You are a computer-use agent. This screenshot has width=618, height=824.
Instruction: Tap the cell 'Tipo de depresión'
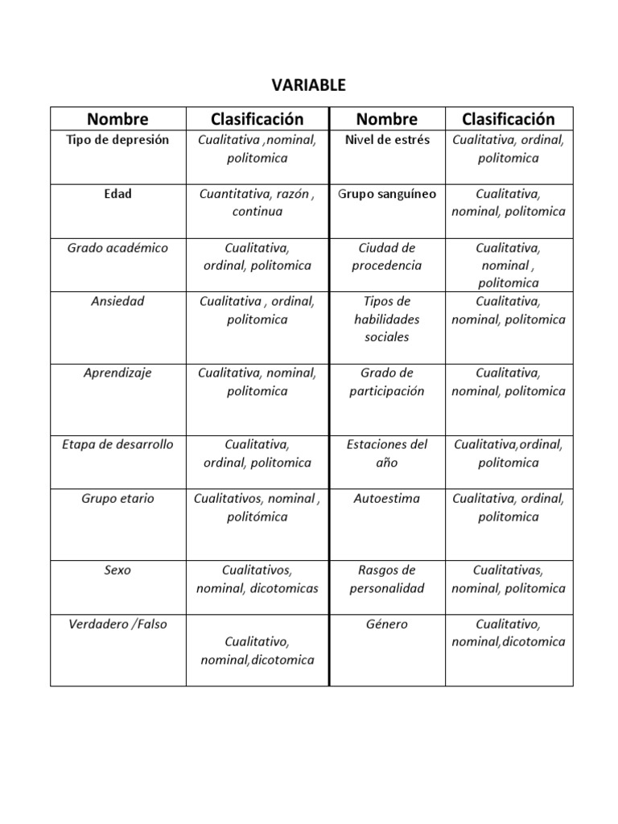117,140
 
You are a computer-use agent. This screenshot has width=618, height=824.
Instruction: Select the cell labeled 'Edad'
117,194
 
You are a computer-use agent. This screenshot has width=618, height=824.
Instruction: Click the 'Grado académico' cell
117,248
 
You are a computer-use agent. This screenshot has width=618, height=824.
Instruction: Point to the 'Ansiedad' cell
117,302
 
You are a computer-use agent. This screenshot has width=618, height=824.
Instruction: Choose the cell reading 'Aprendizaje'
117,373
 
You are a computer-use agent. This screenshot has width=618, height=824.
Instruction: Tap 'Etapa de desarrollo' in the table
117,445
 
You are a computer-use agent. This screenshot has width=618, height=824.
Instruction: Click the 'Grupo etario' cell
117,499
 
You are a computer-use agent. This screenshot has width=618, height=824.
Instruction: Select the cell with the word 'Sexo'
117,571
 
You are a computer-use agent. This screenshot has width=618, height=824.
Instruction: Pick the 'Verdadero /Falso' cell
117,624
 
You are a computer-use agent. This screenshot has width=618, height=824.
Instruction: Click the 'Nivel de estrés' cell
387,140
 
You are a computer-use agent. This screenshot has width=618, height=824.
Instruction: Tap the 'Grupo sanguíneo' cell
387,194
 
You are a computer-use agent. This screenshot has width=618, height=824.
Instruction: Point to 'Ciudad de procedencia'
387,257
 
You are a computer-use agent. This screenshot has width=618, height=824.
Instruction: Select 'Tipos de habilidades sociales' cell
387,319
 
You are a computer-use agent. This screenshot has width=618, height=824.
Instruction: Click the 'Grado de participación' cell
387,382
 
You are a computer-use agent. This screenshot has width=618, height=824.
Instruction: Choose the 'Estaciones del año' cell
387,454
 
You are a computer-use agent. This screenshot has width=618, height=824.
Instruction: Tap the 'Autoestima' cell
387,499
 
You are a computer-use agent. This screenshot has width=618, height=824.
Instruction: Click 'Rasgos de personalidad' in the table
387,579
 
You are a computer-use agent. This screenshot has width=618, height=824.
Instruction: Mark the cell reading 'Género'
387,624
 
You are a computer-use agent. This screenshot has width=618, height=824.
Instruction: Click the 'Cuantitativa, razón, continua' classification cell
257,203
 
